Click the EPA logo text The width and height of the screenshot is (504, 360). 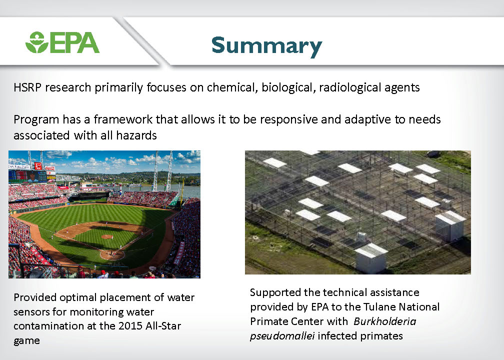[x=74, y=42]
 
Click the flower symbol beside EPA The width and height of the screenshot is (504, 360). [x=37, y=42]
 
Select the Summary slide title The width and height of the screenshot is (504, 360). [x=267, y=46]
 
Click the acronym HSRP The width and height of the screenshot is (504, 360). [x=27, y=87]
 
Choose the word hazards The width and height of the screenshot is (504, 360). [x=136, y=135]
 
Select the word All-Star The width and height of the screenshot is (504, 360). [x=163, y=326]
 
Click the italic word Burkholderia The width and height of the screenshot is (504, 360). [x=385, y=321]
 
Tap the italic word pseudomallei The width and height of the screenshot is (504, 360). [x=282, y=336]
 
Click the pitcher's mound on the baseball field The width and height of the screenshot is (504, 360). [x=106, y=237]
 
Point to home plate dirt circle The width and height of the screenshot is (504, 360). [x=112, y=255]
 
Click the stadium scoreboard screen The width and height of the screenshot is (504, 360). [x=28, y=176]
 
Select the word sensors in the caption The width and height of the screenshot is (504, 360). [x=31, y=312]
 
